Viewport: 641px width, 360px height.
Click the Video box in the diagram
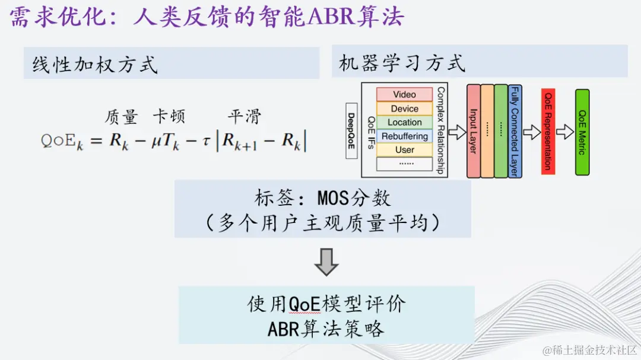click(x=404, y=95)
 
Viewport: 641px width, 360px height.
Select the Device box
click(x=404, y=109)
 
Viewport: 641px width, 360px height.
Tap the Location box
click(x=404, y=122)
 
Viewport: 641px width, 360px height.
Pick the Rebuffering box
click(x=404, y=136)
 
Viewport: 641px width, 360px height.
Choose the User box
click(x=404, y=150)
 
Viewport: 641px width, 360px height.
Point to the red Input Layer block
click(x=473, y=131)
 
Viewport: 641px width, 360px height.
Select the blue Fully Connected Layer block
click(x=515, y=131)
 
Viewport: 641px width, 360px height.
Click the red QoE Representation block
click(x=548, y=131)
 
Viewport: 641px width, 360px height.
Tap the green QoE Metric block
click(x=582, y=132)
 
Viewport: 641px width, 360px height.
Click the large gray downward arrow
click(x=326, y=262)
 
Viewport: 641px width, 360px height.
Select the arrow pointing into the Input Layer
click(x=457, y=132)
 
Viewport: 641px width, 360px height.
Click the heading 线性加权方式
click(x=95, y=64)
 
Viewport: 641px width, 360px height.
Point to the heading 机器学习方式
click(x=402, y=63)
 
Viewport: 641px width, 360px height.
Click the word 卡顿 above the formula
click(x=169, y=116)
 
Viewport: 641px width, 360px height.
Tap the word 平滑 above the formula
click(x=244, y=116)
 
